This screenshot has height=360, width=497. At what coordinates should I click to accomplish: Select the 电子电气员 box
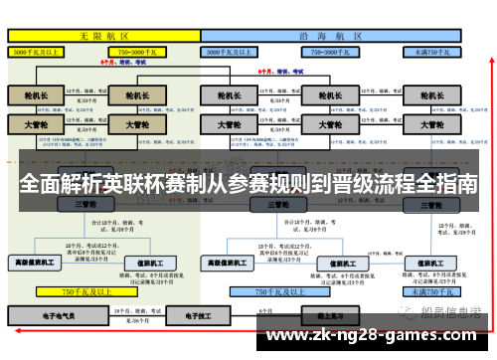click(x=36, y=315)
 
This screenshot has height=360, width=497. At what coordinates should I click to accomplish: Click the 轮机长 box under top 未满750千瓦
click(x=430, y=96)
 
